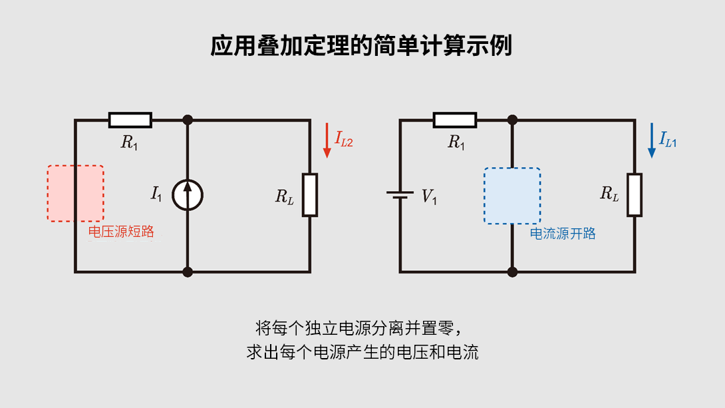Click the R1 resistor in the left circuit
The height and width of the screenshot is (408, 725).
click(130, 120)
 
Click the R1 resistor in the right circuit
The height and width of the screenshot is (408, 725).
click(455, 120)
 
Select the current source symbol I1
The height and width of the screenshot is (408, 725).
click(188, 195)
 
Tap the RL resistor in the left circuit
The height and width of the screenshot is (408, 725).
click(310, 194)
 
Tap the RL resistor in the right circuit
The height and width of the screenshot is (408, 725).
click(635, 194)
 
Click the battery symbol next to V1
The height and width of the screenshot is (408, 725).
click(400, 196)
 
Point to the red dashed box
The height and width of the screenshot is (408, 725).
click(75, 193)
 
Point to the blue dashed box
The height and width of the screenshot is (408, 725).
click(512, 196)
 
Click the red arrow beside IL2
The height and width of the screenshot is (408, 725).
click(327, 140)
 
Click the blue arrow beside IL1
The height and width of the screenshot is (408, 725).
click(651, 140)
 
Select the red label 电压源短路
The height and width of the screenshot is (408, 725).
click(121, 232)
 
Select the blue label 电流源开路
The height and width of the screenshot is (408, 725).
click(563, 234)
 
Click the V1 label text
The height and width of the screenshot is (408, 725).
click(430, 196)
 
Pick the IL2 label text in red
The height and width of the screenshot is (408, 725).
click(344, 139)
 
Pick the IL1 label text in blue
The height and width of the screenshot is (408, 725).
click(668, 139)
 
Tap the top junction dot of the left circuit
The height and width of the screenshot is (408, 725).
click(188, 120)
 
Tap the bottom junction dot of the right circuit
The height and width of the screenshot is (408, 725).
click(512, 272)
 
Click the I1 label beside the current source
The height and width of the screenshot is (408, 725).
click(156, 194)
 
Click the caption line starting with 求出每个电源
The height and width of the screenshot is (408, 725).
click(362, 352)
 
